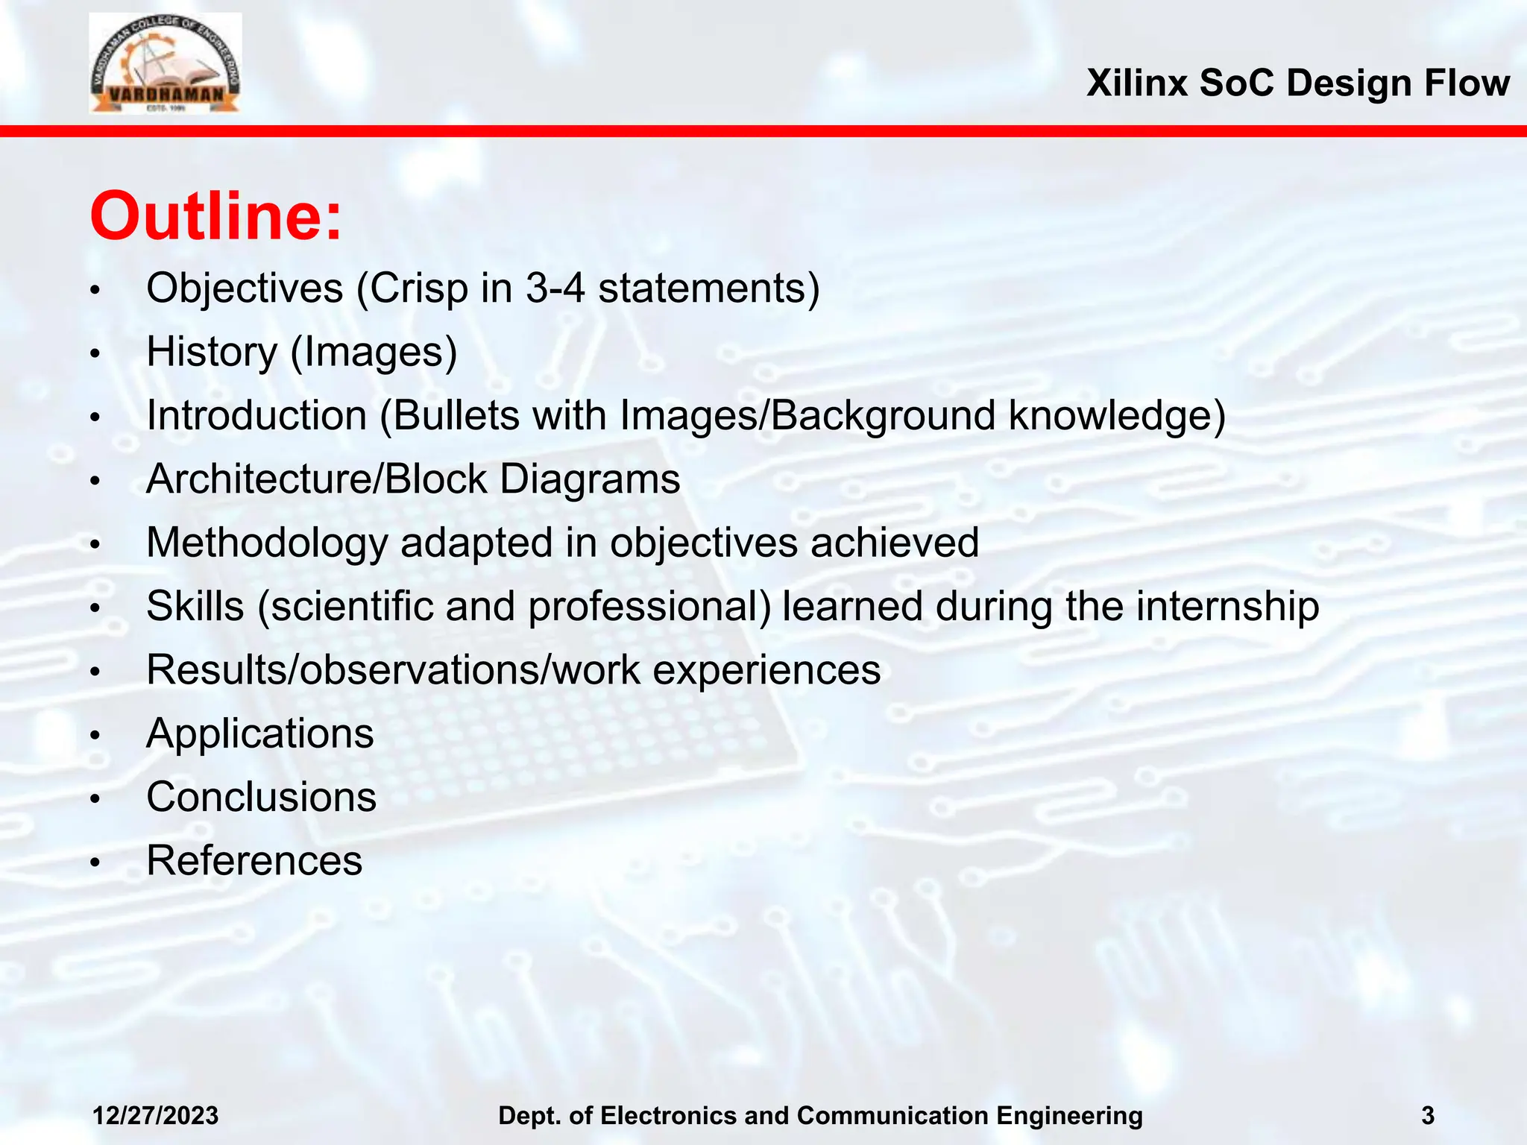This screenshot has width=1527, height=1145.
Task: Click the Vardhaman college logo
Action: pos(165,63)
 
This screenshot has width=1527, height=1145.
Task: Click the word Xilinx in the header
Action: pos(1136,83)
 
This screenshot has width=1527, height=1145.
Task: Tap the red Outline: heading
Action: pos(215,216)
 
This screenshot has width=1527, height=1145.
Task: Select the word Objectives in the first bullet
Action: pos(245,288)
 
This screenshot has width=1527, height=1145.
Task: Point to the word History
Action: pos(212,352)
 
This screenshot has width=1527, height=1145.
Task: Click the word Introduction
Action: pos(256,415)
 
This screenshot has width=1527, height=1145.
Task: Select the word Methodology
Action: pos(266,543)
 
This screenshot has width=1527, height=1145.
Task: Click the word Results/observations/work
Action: pos(393,669)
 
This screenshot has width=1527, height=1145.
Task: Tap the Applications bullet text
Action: pos(259,734)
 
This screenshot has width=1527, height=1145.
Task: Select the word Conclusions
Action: pos(261,797)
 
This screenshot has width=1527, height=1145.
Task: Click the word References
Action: pos(254,861)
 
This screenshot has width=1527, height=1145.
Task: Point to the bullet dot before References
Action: pos(94,863)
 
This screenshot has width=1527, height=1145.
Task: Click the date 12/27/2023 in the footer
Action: pos(155,1116)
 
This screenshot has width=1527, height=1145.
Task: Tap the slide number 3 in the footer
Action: pos(1427,1116)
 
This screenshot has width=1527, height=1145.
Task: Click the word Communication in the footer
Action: pos(892,1116)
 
